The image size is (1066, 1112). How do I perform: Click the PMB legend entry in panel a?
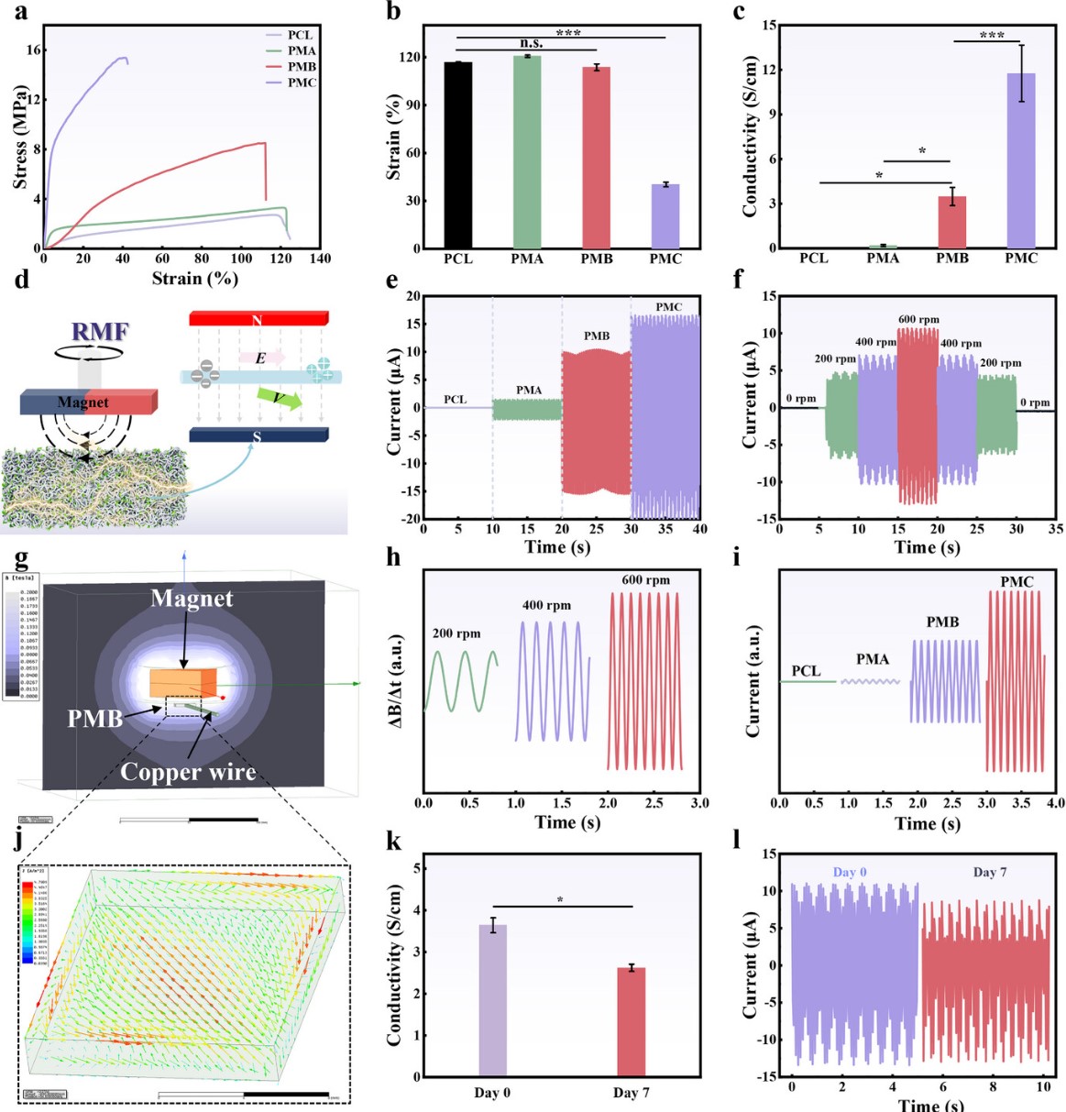click(302, 66)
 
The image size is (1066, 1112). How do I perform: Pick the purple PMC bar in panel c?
click(1020, 160)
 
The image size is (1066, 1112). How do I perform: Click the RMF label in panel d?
click(100, 332)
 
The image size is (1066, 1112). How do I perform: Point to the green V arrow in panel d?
click(279, 398)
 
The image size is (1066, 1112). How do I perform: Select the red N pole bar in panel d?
click(258, 319)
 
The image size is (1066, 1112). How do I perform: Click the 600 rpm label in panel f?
click(918, 320)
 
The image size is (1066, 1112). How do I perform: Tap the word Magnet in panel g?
click(192, 599)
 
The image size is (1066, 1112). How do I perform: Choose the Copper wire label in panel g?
click(188, 772)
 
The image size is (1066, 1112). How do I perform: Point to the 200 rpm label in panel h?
click(456, 633)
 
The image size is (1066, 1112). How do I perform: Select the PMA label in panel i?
click(873, 659)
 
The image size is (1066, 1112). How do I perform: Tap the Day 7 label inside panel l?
click(990, 872)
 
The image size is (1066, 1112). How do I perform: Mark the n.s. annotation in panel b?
click(531, 43)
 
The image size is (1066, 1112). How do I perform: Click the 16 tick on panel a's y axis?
click(33, 50)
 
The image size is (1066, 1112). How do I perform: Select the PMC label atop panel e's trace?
click(669, 306)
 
